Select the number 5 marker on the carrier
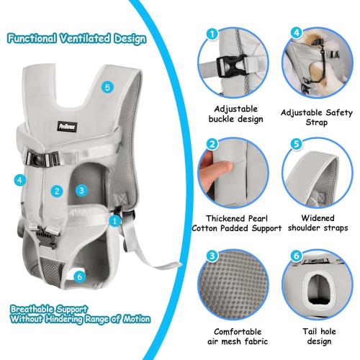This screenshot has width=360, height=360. coord(107,87)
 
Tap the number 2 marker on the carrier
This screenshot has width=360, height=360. coord(56,191)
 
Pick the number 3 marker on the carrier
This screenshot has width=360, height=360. coord(81,190)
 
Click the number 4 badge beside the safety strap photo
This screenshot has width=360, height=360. coord(296,33)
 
